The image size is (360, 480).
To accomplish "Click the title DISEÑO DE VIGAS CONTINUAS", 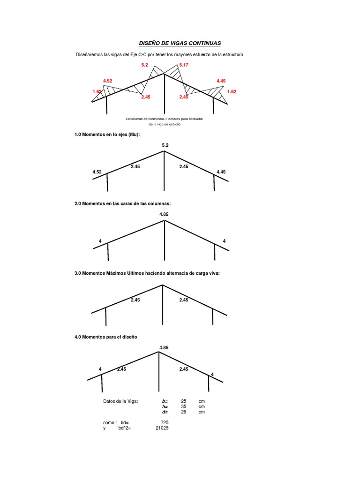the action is (x=180, y=43).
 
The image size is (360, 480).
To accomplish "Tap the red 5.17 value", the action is (x=184, y=65).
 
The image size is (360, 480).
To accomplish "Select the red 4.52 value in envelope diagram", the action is (x=107, y=81).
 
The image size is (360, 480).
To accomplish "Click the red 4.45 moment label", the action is (x=221, y=81).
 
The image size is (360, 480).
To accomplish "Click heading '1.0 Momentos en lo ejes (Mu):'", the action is (x=107, y=135).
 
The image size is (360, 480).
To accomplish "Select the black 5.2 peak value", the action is (x=165, y=145).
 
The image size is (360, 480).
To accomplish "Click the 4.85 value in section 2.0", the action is (x=164, y=214).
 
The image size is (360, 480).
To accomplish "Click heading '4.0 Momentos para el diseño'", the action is (x=105, y=337).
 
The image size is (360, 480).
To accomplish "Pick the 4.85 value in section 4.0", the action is (x=164, y=348).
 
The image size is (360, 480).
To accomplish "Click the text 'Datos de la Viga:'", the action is (x=120, y=401).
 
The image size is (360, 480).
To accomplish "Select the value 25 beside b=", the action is (x=184, y=401).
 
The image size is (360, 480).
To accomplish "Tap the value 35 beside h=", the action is (x=184, y=406).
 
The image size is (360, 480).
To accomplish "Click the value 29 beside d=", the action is (x=184, y=412).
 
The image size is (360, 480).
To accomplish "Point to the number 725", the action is (x=165, y=423).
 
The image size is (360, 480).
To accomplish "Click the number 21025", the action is (x=162, y=428).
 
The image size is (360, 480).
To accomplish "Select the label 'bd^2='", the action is (x=125, y=428).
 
